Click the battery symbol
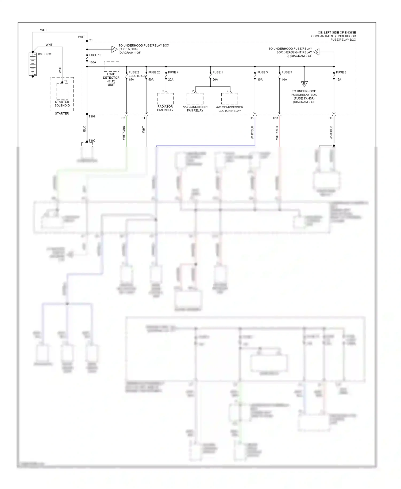pos(33,64)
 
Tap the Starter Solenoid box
pos(62,91)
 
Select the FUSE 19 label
pos(95,55)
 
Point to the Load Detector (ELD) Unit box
pos(111,67)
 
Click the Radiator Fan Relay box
pos(165,99)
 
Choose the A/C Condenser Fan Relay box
pos(195,99)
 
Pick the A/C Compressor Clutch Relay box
pos(230,99)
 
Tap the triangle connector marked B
pos(304,84)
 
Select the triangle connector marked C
pos(317,52)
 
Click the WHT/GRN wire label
pos(124,133)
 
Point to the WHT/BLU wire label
pos(252,132)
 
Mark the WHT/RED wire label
pos(277,133)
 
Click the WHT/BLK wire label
pos(331,133)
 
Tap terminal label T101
pos(92,116)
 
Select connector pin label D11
pos(276,118)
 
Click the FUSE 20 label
pos(154,72)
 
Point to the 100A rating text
pos(93,62)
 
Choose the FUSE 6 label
pos(341,72)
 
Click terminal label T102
pos(92,140)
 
